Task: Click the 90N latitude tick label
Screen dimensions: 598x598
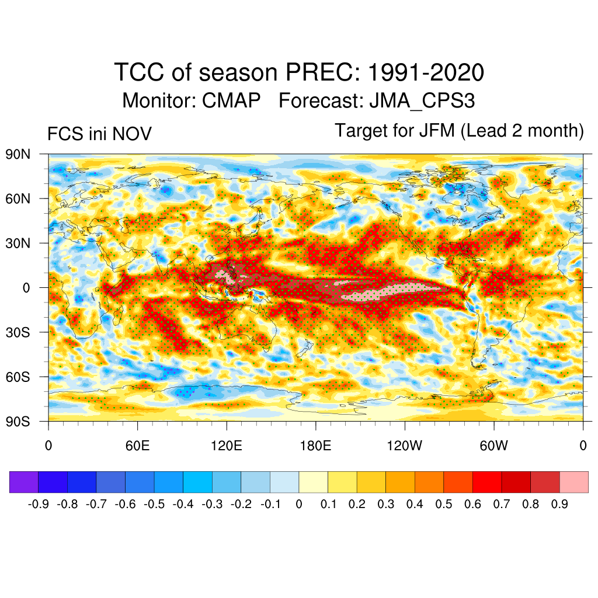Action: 18,154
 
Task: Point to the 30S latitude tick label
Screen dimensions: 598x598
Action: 18,332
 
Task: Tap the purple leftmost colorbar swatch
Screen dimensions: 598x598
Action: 24,482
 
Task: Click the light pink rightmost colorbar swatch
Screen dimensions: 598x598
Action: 573,482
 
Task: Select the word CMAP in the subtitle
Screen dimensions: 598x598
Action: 231,100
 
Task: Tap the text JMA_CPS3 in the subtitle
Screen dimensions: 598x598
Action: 422,100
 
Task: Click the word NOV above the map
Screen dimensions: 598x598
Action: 133,134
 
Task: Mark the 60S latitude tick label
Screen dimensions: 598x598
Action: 18,377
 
